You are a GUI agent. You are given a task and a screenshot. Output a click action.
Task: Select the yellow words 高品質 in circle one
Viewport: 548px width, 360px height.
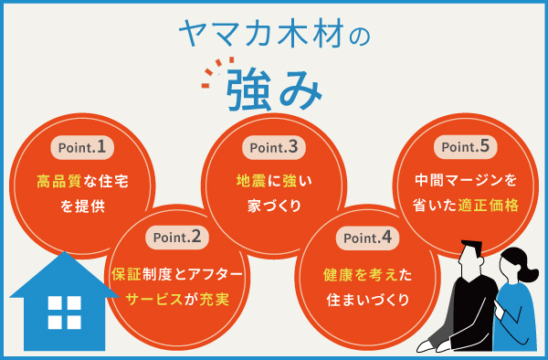(x=58, y=182)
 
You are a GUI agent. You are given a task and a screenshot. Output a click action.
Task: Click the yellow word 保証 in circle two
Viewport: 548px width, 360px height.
(x=124, y=273)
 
